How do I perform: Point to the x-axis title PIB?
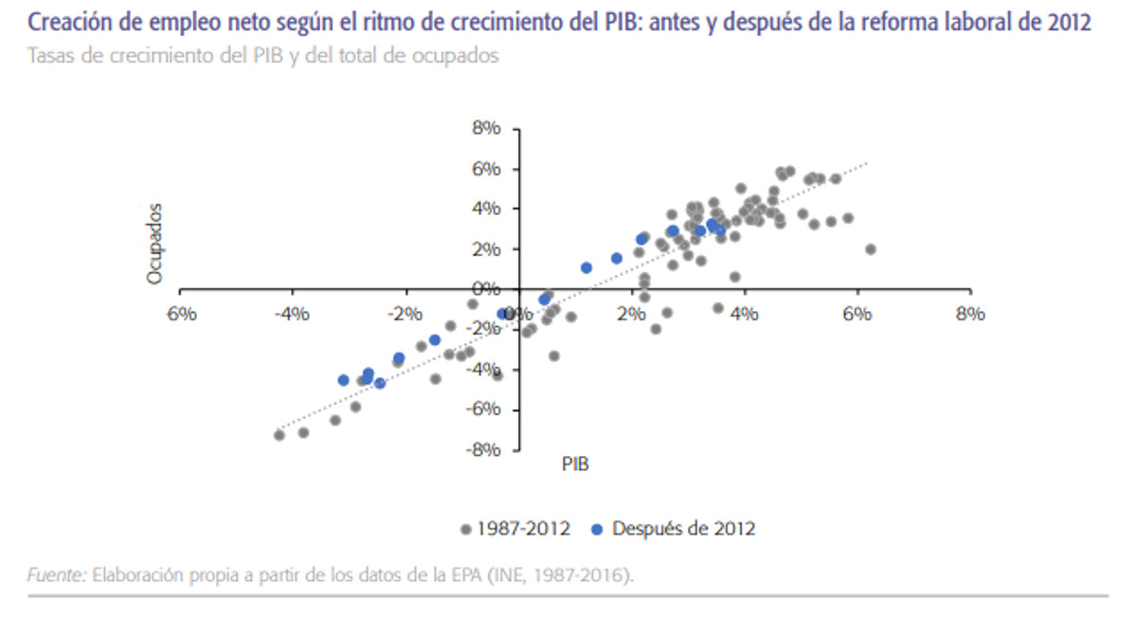click(x=576, y=464)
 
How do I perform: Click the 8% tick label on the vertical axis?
click(x=488, y=129)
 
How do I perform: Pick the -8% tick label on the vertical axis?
click(x=484, y=449)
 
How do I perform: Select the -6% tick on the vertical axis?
click(x=484, y=409)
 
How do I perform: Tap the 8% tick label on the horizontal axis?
click(x=969, y=314)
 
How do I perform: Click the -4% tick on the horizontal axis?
click(x=292, y=314)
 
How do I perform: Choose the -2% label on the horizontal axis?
click(x=405, y=314)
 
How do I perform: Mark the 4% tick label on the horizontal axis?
click(x=745, y=314)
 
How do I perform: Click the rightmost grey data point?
click(x=870, y=249)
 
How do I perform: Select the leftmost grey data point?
click(x=279, y=435)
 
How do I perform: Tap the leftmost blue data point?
click(x=343, y=380)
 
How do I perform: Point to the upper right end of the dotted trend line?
click(x=866, y=164)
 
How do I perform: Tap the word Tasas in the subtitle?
click(x=50, y=55)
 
